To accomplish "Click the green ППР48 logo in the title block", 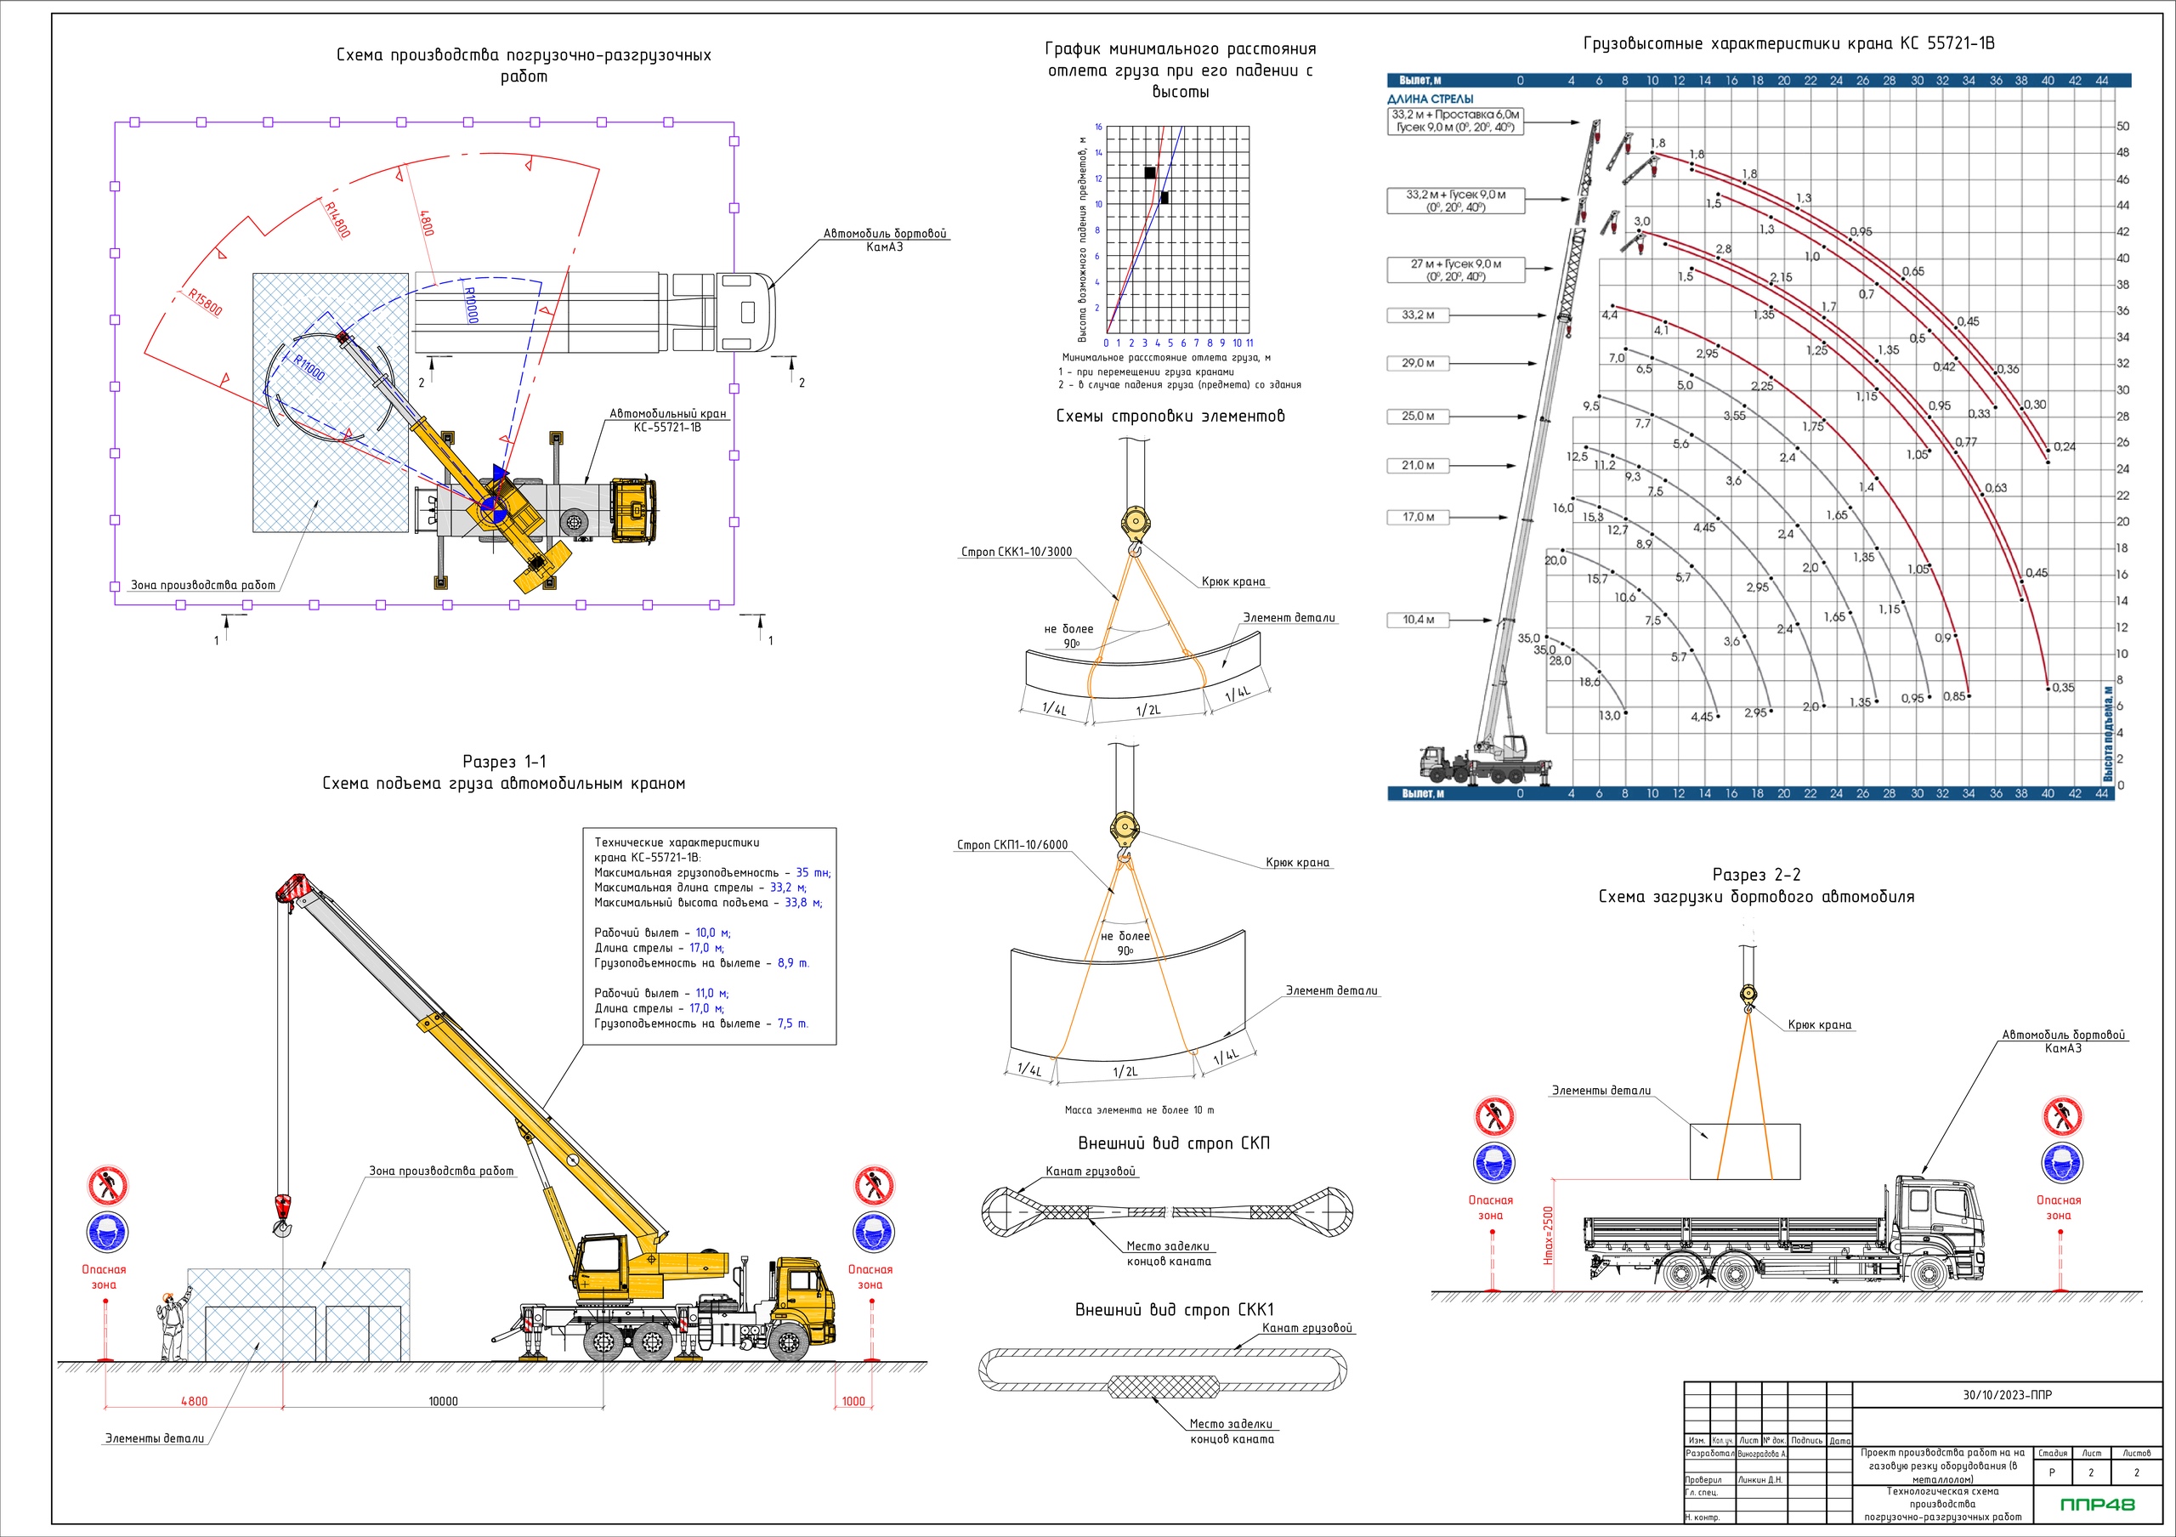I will click(x=2097, y=1504).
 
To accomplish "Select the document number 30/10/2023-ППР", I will click(x=2008, y=1395).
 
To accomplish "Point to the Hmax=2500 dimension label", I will click(x=1549, y=1234).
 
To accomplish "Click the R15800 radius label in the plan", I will click(x=205, y=303).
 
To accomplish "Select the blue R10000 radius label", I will click(x=471, y=305).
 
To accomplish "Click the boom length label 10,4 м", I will click(x=1418, y=620).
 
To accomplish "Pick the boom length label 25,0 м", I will click(x=1418, y=416).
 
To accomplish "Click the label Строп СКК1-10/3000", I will click(x=1016, y=552).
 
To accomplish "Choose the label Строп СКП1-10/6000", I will click(x=1012, y=844).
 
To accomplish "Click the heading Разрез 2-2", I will click(x=1755, y=875).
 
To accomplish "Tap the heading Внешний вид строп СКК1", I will click(x=1174, y=1309).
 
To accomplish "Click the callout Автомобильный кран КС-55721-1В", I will click(x=667, y=420).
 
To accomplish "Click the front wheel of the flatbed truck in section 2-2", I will click(x=1928, y=1273).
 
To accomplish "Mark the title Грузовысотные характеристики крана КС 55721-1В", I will click(x=1788, y=43).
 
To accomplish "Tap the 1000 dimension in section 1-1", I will click(x=853, y=1400).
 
